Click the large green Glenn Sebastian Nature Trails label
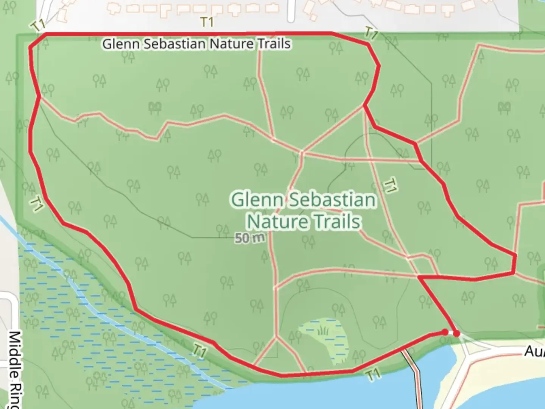click(x=304, y=211)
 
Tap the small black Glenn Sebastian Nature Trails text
click(x=196, y=44)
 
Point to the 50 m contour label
click(x=249, y=238)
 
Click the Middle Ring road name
click(x=14, y=369)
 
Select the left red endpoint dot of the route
click(x=445, y=332)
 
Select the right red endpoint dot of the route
click(x=457, y=334)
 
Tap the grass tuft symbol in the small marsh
click(x=323, y=332)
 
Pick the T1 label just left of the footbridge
click(x=373, y=375)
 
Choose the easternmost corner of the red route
click(x=515, y=256)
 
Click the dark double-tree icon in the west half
click(x=155, y=108)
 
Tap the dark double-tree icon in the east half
click(x=504, y=108)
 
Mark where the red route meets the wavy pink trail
click(x=40, y=97)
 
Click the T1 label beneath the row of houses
click(x=207, y=22)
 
